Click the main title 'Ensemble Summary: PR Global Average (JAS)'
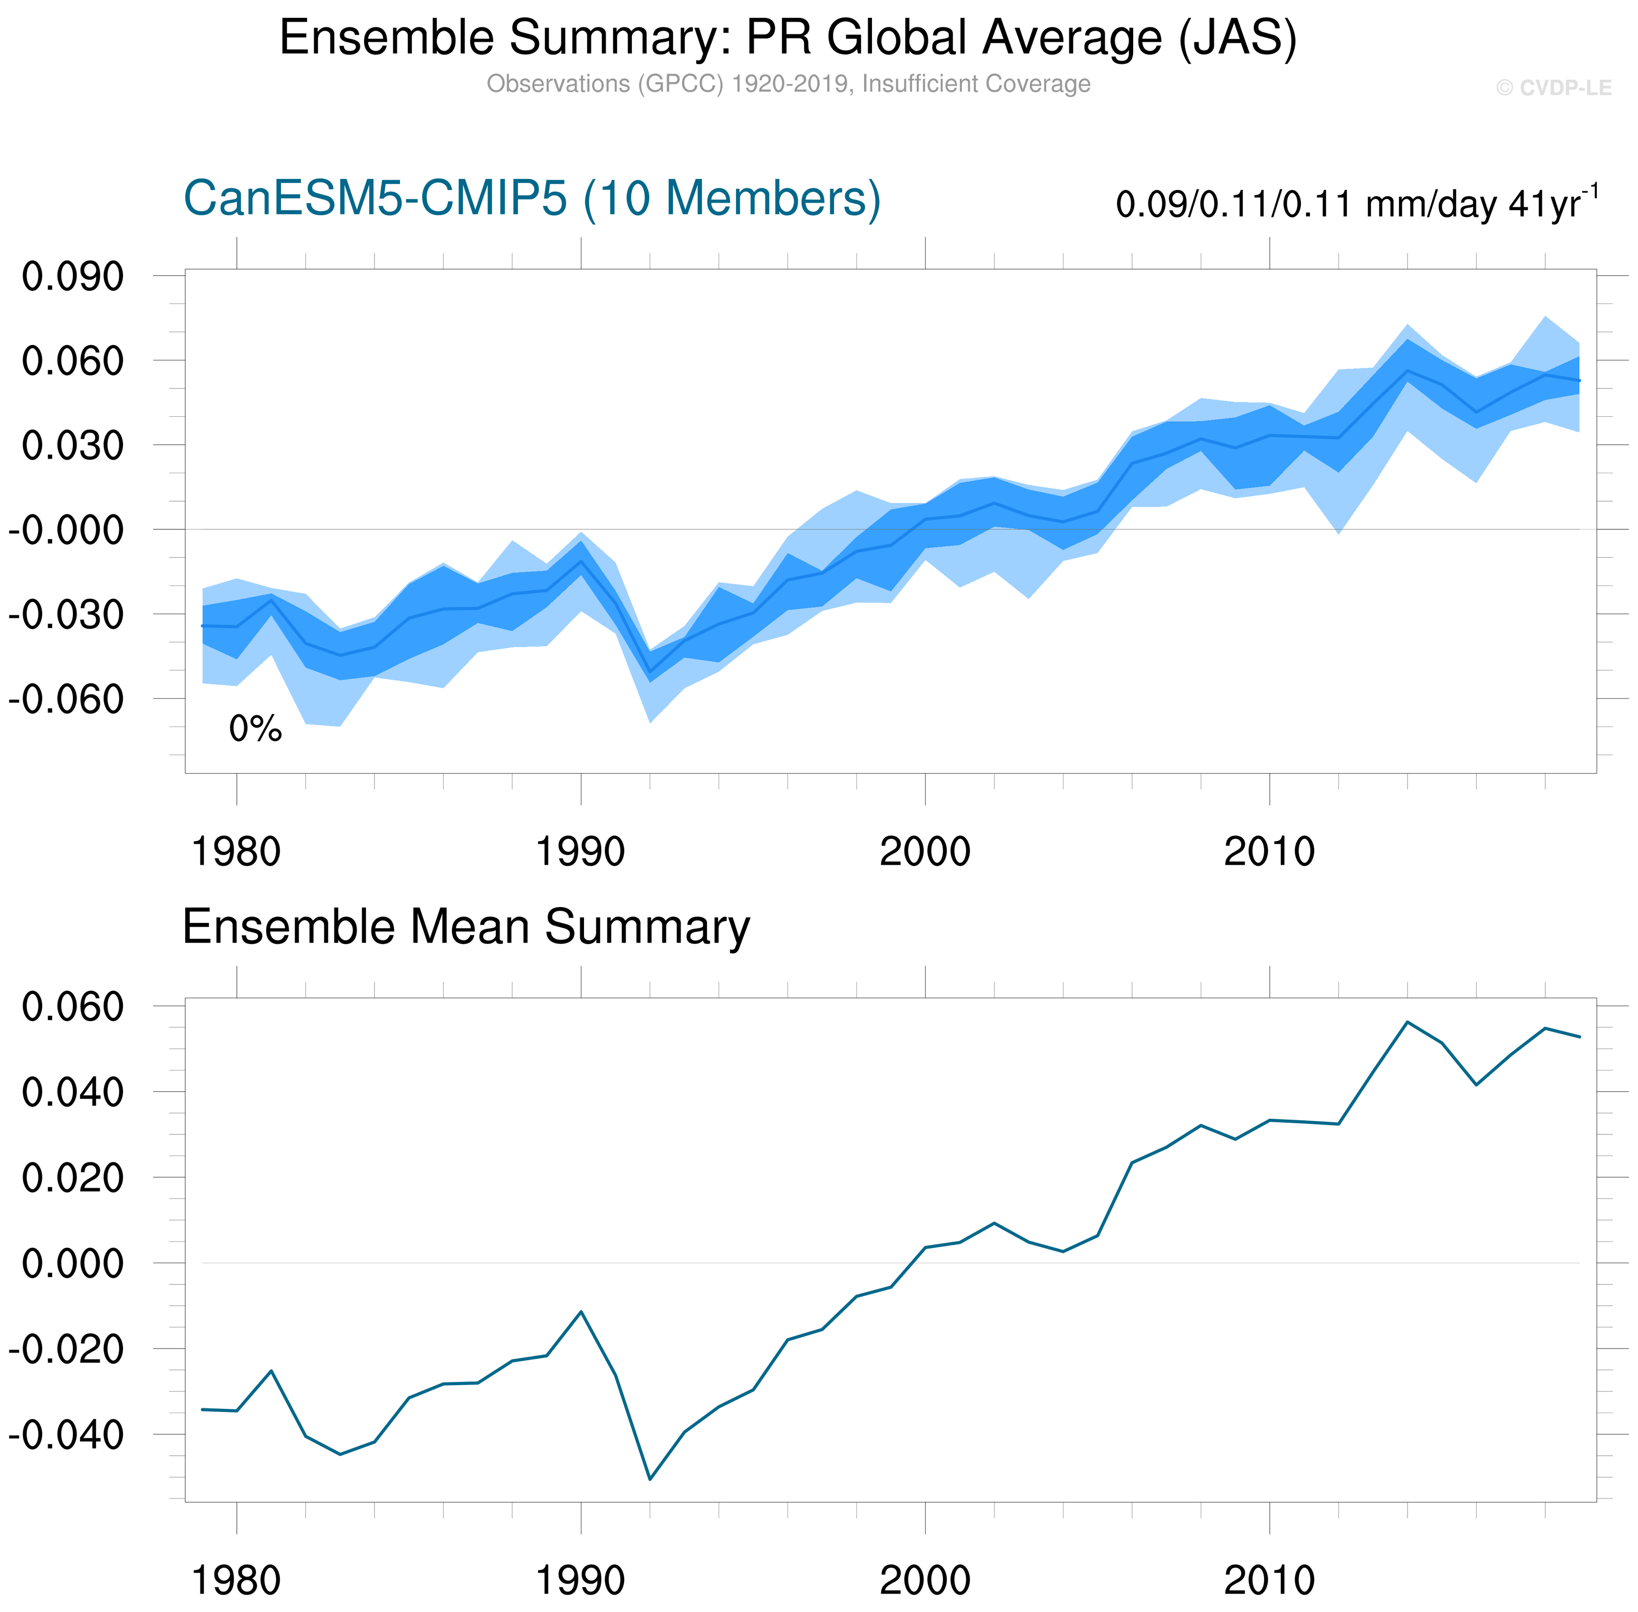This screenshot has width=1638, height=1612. coord(787,38)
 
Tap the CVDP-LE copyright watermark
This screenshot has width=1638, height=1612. coord(1554,88)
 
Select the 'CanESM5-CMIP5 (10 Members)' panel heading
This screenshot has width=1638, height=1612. coord(532,199)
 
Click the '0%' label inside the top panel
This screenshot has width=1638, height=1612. coord(255,729)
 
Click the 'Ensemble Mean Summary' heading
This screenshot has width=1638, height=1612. coord(466,927)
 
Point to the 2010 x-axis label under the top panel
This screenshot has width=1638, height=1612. coord(1269,852)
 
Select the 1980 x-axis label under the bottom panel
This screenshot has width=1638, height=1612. coord(236,1580)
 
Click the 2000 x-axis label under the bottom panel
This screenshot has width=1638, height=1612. coord(925,1580)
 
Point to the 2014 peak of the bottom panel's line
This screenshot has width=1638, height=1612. coord(1407,1022)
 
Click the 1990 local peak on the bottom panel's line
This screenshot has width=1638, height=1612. coord(581,1311)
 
